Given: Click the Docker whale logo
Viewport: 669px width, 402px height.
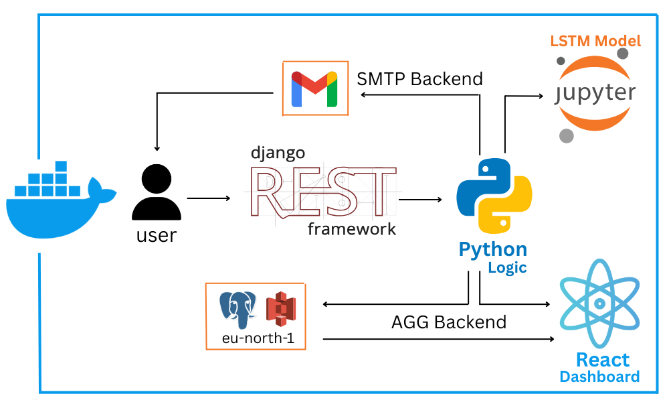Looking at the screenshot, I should (x=57, y=201).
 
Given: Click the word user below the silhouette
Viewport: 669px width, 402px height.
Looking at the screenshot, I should (x=157, y=235).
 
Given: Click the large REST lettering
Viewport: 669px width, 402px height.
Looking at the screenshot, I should (x=321, y=191).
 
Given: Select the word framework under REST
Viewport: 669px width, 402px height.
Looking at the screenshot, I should (x=352, y=229).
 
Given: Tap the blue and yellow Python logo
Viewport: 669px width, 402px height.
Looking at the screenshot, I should (x=494, y=195).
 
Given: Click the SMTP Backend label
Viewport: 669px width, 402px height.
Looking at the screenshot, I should (x=419, y=79).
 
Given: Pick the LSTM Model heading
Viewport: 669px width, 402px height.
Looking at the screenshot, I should (x=595, y=41).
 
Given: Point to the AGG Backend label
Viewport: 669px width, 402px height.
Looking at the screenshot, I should (x=448, y=322).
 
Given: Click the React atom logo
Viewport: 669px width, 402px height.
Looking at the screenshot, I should (x=600, y=302).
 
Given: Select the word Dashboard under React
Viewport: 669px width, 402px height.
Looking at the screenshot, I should (x=599, y=377).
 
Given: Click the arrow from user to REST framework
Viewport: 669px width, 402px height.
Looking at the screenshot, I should (x=209, y=199).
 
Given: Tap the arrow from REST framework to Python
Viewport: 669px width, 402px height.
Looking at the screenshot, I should (x=421, y=199).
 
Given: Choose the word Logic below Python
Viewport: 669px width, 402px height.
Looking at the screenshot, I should (x=507, y=268).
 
